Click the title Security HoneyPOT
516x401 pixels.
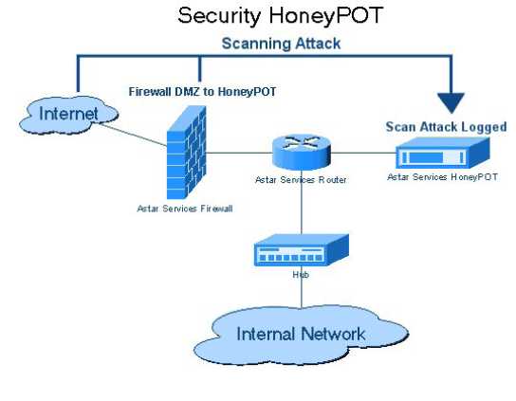click(281, 16)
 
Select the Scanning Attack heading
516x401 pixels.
click(281, 44)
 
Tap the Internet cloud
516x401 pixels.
click(68, 115)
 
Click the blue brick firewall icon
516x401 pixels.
click(186, 153)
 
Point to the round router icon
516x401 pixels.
click(301, 153)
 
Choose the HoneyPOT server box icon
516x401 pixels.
click(442, 153)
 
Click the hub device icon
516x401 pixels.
click(301, 250)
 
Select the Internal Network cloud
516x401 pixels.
click(301, 335)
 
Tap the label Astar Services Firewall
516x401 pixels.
click(185, 209)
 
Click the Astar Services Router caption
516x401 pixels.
click(301, 180)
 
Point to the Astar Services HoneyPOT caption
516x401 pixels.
click(442, 177)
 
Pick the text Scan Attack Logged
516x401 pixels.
click(446, 127)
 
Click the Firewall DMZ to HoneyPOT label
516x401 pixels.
click(202, 91)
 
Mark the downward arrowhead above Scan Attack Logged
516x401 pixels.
click(451, 103)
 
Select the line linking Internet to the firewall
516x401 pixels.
click(134, 135)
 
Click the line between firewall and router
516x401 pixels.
click(239, 153)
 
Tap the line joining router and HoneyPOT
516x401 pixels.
click(362, 153)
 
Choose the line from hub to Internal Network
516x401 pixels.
click(301, 292)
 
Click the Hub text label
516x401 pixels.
click(301, 274)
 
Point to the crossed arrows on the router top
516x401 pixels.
click(302, 143)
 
